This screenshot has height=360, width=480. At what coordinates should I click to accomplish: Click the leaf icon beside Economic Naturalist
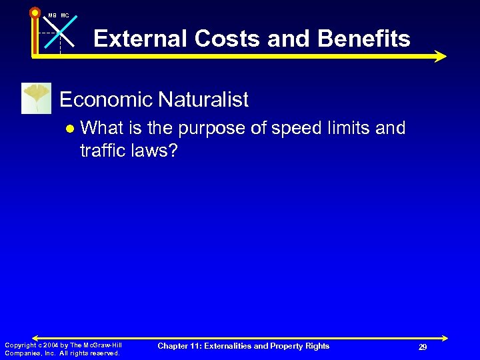36,98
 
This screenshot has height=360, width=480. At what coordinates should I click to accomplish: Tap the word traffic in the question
102,151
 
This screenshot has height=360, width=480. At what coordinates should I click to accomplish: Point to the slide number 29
423,347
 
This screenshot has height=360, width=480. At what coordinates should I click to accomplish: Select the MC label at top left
65,15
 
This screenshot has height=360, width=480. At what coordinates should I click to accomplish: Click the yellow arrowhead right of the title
439,56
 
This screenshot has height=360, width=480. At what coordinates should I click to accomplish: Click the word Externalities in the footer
233,345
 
